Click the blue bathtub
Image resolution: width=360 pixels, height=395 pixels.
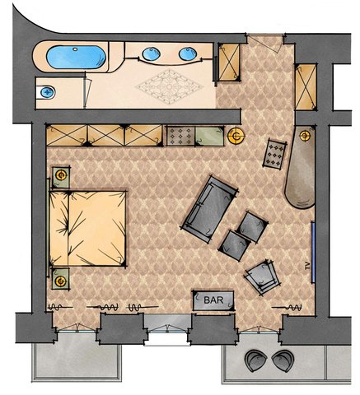click(76, 57)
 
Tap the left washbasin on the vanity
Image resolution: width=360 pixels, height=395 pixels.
click(151, 53)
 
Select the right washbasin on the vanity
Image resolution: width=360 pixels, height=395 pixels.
click(188, 53)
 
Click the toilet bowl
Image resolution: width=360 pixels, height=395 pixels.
click(48, 92)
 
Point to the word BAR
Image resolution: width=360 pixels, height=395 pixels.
click(213, 300)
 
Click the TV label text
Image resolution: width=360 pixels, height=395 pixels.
click(307, 266)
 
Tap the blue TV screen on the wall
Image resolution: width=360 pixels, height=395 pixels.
click(312, 252)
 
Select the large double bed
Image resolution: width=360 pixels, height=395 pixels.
click(87, 228)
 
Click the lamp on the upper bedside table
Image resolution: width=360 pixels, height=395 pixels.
click(61, 175)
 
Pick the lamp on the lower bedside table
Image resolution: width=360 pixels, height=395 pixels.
click(61, 281)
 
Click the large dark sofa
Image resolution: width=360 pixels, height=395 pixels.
click(209, 209)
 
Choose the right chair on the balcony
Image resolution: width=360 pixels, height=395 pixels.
click(283, 360)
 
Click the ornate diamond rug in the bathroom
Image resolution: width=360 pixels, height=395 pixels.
click(169, 87)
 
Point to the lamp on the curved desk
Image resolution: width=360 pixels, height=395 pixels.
click(305, 136)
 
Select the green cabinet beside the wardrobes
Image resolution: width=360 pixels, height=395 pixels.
click(209, 136)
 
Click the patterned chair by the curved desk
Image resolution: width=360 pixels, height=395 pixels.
click(274, 154)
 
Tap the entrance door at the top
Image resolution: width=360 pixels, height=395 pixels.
click(264, 41)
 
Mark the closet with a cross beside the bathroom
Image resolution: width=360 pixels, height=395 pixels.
click(229, 62)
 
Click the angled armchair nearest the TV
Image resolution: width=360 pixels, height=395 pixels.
click(262, 277)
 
